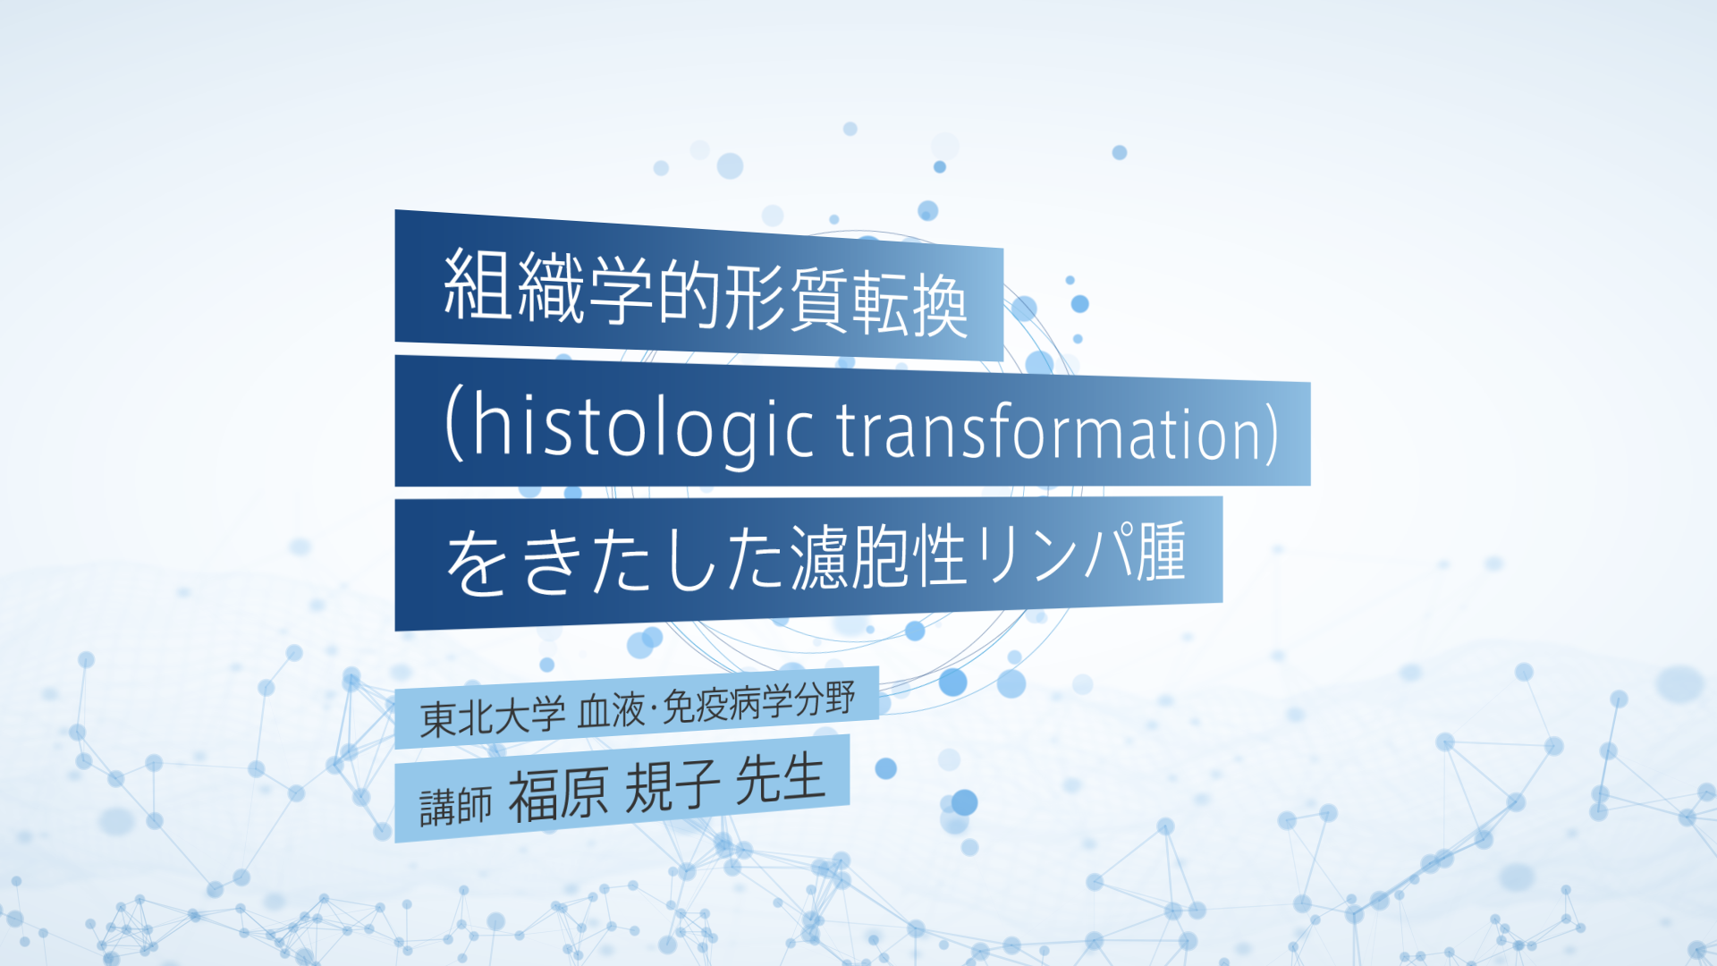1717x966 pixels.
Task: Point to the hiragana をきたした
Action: (616, 561)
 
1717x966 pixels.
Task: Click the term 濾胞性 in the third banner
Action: (879, 555)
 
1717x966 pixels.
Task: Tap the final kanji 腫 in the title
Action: (1161, 551)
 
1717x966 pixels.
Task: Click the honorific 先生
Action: (780, 778)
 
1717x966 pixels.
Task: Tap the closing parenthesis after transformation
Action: (1270, 434)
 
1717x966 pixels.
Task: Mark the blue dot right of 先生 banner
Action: (885, 768)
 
